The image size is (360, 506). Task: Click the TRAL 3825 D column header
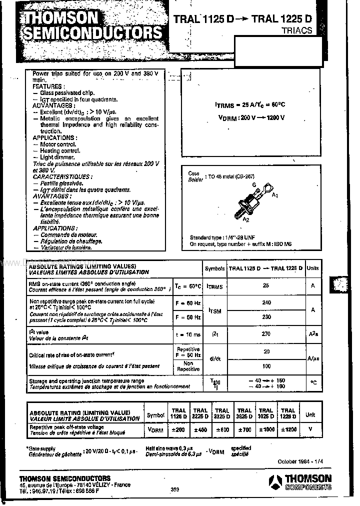pos(244,413)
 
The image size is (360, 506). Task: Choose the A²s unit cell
pos(313,334)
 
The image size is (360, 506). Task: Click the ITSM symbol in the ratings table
pos(215,310)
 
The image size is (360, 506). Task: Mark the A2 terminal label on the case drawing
pos(245,219)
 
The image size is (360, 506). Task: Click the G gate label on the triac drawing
pos(254,185)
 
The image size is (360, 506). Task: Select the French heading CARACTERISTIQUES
pos(62,176)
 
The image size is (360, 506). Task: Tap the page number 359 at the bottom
pos(175,489)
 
